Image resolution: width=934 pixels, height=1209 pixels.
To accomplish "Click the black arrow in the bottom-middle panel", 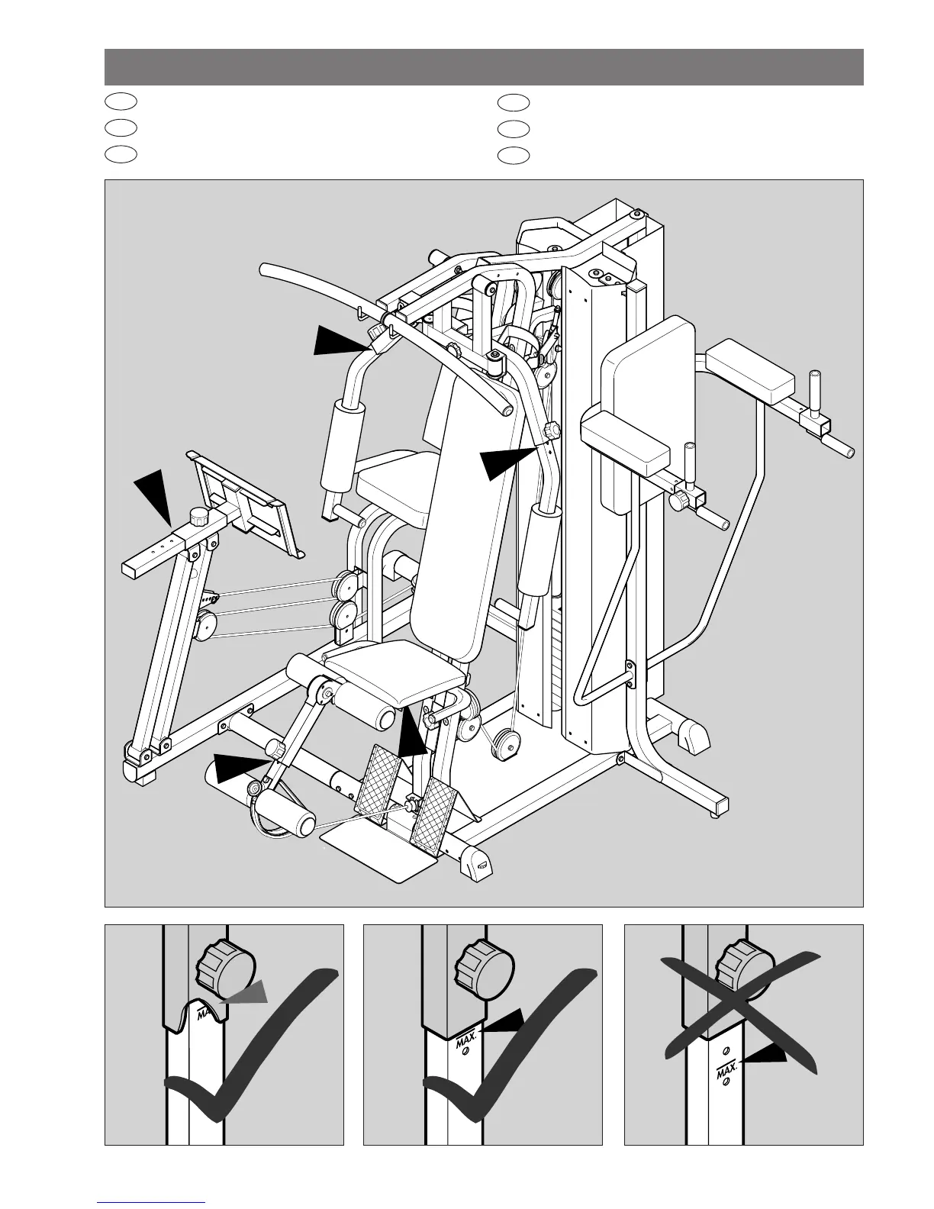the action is pos(505,1020).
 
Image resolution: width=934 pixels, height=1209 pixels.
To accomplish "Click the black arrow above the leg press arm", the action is pos(155,495).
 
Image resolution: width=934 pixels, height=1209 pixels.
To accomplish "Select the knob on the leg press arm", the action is pos(201,516).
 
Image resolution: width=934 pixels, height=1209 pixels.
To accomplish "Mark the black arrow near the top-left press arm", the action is pos(343,340).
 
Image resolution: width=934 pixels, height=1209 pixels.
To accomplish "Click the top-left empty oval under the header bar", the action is pos(121,100).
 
